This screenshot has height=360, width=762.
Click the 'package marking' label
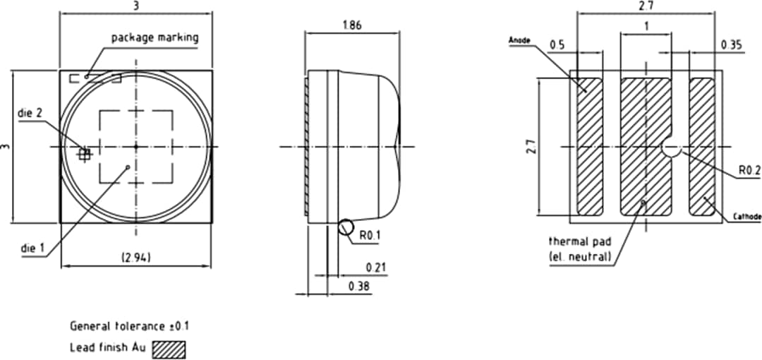coord(155,37)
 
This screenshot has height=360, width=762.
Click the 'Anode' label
coord(519,41)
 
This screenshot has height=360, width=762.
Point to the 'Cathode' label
coord(747,217)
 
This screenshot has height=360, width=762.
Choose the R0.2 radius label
coord(749,170)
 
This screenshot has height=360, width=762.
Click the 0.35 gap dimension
coord(732,45)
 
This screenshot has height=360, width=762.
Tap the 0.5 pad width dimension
coord(557,45)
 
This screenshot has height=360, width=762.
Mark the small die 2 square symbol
coord(85,154)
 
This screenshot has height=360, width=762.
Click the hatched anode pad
coord(590,146)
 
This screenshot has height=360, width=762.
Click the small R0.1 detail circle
coord(346,227)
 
